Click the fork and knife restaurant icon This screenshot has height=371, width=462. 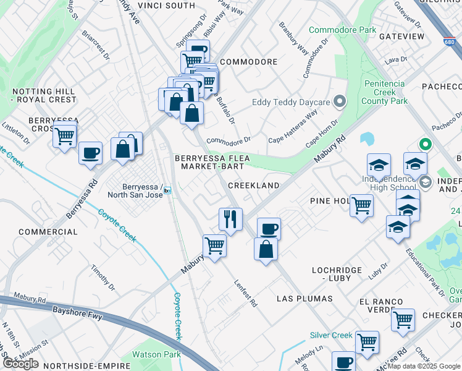pyautogui.click(x=230, y=219)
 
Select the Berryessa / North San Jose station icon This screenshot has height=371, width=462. pyautogui.click(x=167, y=190)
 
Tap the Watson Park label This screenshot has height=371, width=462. pyautogui.click(x=156, y=355)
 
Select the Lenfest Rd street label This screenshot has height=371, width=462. pyautogui.click(x=245, y=293)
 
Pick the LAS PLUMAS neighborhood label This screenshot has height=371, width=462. pyautogui.click(x=304, y=299)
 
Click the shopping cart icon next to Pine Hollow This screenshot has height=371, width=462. pyautogui.click(x=361, y=205)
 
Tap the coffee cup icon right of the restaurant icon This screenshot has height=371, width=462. pyautogui.click(x=269, y=229)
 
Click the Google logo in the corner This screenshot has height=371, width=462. pyautogui.click(x=20, y=364)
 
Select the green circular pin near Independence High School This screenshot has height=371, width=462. pyautogui.click(x=425, y=145)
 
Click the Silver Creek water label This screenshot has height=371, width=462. pyautogui.click(x=331, y=335)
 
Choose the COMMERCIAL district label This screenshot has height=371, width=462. pyautogui.click(x=48, y=232)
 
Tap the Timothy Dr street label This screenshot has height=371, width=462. pyautogui.click(x=103, y=278)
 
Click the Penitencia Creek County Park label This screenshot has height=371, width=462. pyautogui.click(x=384, y=92)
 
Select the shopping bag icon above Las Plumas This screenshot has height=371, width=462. pyautogui.click(x=266, y=250)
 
